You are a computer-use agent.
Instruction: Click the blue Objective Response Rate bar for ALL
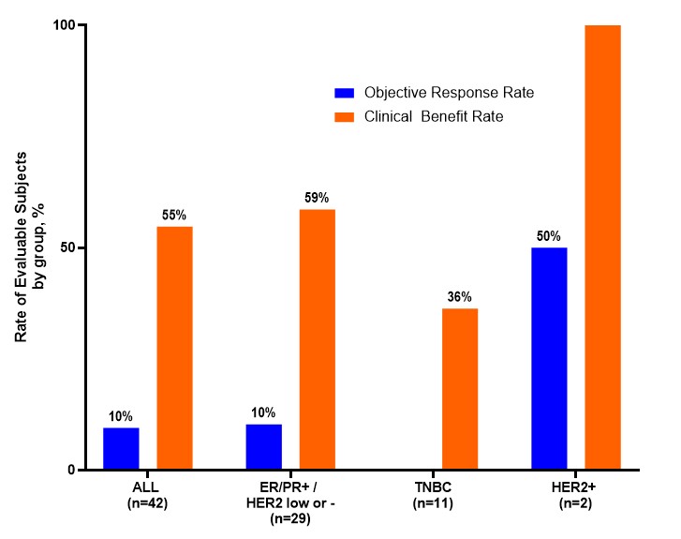pos(121,449)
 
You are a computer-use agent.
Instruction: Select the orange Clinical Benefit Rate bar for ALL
pos(174,348)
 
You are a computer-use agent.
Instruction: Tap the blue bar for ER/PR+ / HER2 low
pos(263,447)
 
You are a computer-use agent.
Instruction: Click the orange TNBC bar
pos(460,389)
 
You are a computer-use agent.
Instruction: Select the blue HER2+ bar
pos(549,359)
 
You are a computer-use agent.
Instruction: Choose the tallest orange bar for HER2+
pos(602,247)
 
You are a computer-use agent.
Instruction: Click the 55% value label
pos(174,216)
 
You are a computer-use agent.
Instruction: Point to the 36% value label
pos(460,297)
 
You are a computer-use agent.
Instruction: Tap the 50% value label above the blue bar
pos(549,236)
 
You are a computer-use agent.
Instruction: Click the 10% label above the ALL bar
pos(121,416)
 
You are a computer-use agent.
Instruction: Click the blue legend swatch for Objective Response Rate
pos(344,93)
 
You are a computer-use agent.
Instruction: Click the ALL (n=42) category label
pos(148,495)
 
